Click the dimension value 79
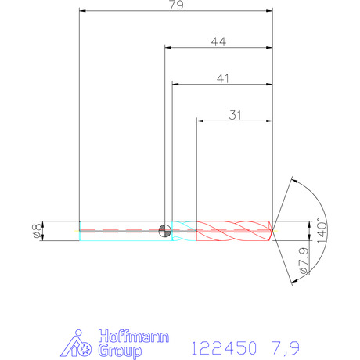tap(176, 5)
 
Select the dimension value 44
tap(218, 41)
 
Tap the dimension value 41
tap(223, 78)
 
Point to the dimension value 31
tap(235, 115)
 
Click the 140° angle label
tap(322, 231)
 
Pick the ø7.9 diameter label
tap(304, 260)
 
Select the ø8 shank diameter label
tap(38, 230)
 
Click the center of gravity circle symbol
tap(165, 231)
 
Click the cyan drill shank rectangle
tap(125, 231)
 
